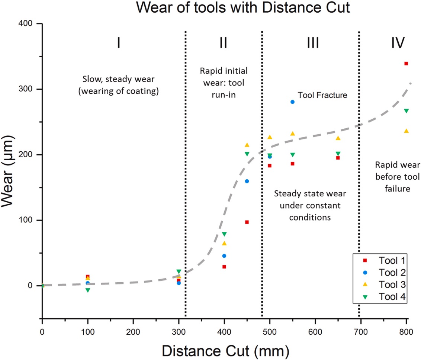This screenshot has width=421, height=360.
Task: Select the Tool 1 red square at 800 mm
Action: [x=406, y=64]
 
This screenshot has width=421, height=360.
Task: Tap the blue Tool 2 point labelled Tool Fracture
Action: [x=292, y=102]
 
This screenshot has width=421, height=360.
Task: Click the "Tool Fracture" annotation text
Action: [x=322, y=95]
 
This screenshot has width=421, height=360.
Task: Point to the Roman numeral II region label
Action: [x=223, y=43]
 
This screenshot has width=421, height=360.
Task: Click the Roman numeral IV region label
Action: [x=398, y=43]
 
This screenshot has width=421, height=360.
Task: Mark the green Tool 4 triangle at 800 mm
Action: [x=406, y=111]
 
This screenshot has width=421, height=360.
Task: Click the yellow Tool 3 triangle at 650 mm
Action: [x=338, y=138]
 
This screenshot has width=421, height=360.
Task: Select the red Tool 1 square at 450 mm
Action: [x=247, y=222]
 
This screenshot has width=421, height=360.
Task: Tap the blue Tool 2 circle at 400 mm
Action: [x=224, y=256]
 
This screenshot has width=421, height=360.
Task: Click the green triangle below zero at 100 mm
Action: [x=88, y=290]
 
